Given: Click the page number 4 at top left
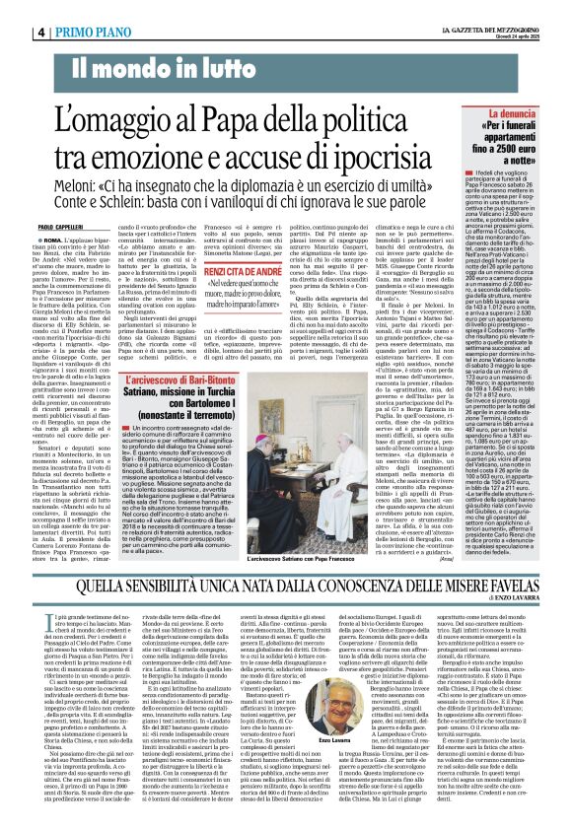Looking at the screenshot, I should tap(13, 33).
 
